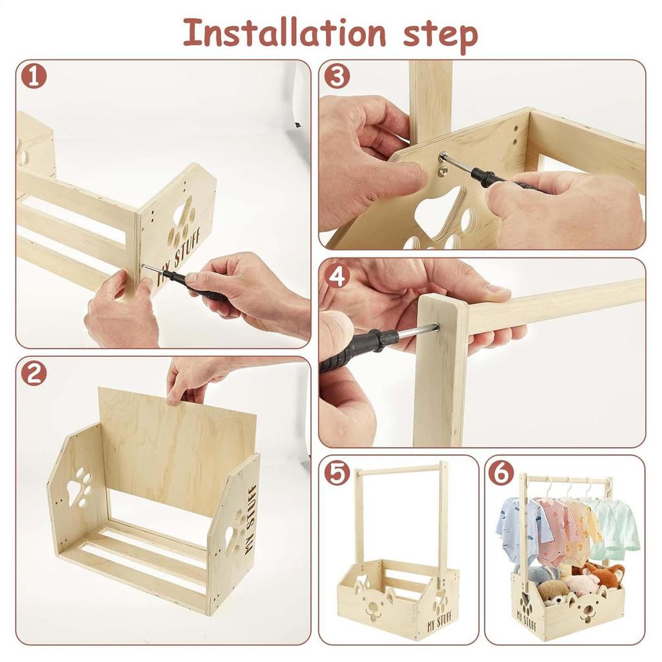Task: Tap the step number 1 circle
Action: pyautogui.click(x=34, y=76)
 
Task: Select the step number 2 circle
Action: pyautogui.click(x=34, y=374)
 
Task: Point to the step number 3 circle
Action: pyautogui.click(x=336, y=76)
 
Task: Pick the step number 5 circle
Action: pyautogui.click(x=336, y=473)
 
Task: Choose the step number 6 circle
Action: pyautogui.click(x=501, y=473)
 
